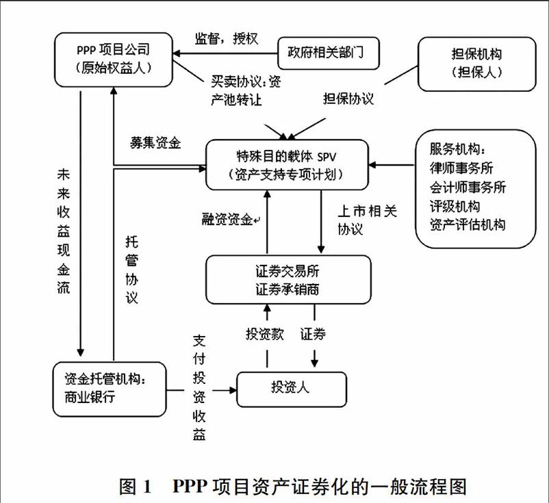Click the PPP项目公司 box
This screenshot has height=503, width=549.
point(114,60)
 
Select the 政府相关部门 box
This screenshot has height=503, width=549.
point(328,51)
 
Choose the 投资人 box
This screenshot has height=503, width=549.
point(291,388)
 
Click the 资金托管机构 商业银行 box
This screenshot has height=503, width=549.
point(109,389)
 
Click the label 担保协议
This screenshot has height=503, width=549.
point(348,99)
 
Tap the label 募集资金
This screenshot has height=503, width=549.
point(155,143)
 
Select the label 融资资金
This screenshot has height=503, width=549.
point(227,220)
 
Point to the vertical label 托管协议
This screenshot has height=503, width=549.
point(132,270)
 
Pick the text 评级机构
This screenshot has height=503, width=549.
point(455,205)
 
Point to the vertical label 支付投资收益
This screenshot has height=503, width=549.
point(199,387)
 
